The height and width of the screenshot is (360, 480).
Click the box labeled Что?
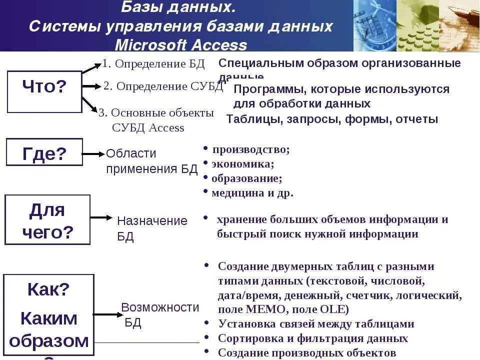pos(44,91)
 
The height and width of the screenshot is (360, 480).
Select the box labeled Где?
pos(44,152)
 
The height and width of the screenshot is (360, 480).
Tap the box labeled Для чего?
pos(47,219)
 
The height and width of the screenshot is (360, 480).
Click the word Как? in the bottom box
pos(48,289)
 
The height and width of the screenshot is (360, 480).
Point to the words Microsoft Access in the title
pos(181,45)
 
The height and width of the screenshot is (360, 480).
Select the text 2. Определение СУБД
pos(163,86)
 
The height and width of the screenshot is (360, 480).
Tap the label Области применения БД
pos(151,161)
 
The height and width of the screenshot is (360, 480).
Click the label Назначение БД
pos(152,228)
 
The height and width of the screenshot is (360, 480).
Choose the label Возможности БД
pos(160,314)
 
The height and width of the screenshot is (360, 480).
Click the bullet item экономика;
pos(242,164)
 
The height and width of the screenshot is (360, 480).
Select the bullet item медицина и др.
pos(252,193)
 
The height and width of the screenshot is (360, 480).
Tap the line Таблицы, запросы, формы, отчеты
pos(332,119)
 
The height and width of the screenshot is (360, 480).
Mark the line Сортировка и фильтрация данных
pos(313,338)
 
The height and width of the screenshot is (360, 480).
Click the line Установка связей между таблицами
pos(316,324)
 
